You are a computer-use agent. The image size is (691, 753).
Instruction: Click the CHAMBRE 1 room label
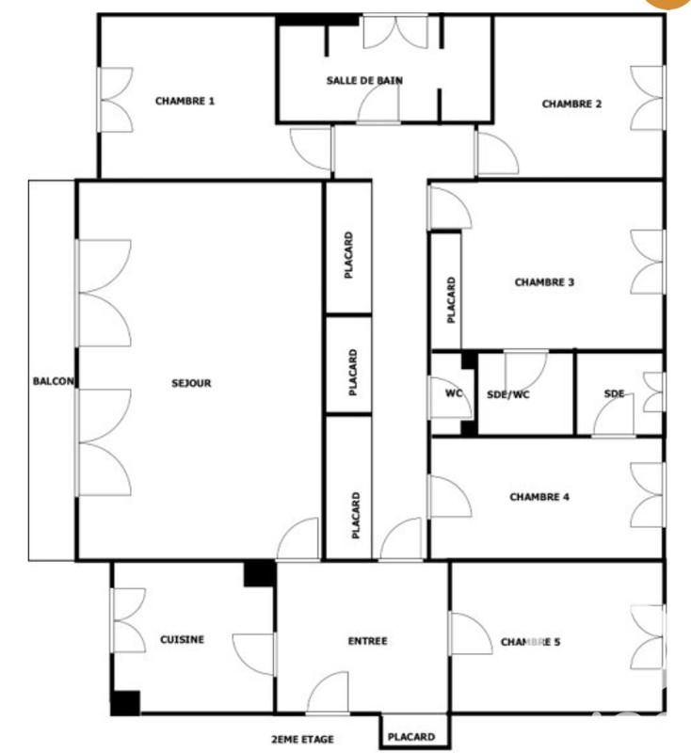click(185, 101)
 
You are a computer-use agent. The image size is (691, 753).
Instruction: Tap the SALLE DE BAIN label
click(364, 81)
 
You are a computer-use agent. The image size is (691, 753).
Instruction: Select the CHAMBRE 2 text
click(571, 104)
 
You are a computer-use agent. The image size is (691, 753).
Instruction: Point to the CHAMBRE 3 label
click(544, 281)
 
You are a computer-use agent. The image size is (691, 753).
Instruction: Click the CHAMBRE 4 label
click(538, 497)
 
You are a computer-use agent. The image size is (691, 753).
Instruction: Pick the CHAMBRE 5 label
click(530, 642)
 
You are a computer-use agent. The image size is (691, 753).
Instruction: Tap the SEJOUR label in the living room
click(191, 383)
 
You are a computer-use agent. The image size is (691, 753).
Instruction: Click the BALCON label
click(53, 381)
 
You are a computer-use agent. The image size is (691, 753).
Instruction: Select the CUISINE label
click(182, 639)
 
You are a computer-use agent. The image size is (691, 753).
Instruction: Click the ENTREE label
click(367, 641)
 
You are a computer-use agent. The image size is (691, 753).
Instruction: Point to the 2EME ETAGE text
click(302, 739)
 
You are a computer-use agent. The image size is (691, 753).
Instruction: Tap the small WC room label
click(453, 393)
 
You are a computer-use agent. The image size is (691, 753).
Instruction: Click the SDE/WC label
click(508, 394)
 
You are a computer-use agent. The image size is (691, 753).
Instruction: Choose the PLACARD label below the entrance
click(411, 737)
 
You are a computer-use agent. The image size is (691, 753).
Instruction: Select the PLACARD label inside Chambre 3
click(452, 300)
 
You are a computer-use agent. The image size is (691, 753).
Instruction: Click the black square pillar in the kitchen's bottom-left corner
click(124, 702)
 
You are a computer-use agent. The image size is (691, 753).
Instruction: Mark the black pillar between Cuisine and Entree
click(258, 573)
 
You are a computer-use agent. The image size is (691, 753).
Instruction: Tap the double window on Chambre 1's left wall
click(115, 100)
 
